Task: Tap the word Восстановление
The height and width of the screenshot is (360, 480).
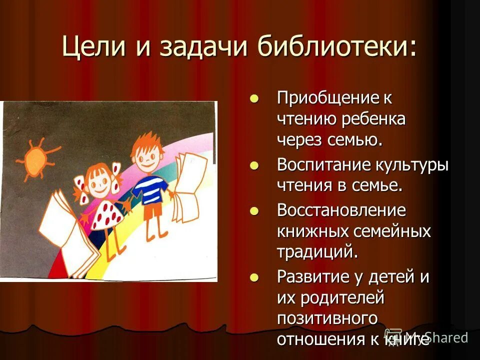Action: click(x=341, y=210)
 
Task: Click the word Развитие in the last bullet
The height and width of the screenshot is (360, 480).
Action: click(x=308, y=276)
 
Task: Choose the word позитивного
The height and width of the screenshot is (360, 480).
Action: click(x=326, y=318)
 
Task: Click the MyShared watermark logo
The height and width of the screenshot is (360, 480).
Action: click(x=427, y=337)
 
